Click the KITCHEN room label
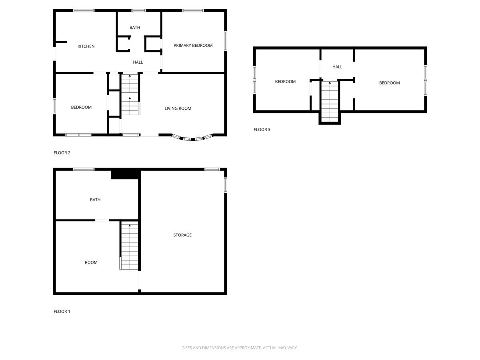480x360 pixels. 86,46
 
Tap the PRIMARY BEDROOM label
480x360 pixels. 193,46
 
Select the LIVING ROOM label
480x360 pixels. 178,108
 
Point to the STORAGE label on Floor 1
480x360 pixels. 182,235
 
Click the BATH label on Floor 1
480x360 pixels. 95,200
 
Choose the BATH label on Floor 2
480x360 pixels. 135,28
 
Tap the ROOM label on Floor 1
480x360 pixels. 91,263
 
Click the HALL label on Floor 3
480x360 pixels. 337,67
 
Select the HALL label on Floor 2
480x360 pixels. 138,62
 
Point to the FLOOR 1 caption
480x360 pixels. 62,312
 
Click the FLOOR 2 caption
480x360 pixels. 62,153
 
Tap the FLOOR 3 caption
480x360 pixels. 262,130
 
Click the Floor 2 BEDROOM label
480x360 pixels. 81,107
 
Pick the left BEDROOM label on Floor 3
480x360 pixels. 285,82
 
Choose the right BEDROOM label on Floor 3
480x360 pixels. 389,83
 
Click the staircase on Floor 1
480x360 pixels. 129,246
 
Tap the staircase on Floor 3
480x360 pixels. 330,102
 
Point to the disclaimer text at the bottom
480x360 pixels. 240,348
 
